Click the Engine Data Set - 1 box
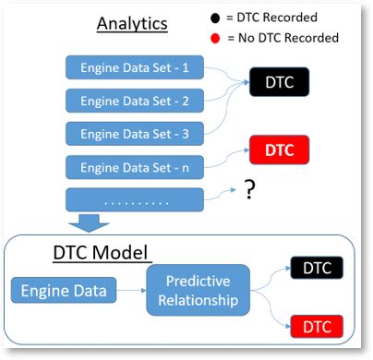coord(135,67)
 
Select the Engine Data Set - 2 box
coord(135,101)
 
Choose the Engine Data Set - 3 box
coord(135,134)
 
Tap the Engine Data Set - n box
coord(135,167)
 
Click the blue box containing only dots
coord(135,200)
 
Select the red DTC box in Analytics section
coord(279,149)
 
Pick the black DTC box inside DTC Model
coord(317,269)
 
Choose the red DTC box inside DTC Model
coord(317,326)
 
